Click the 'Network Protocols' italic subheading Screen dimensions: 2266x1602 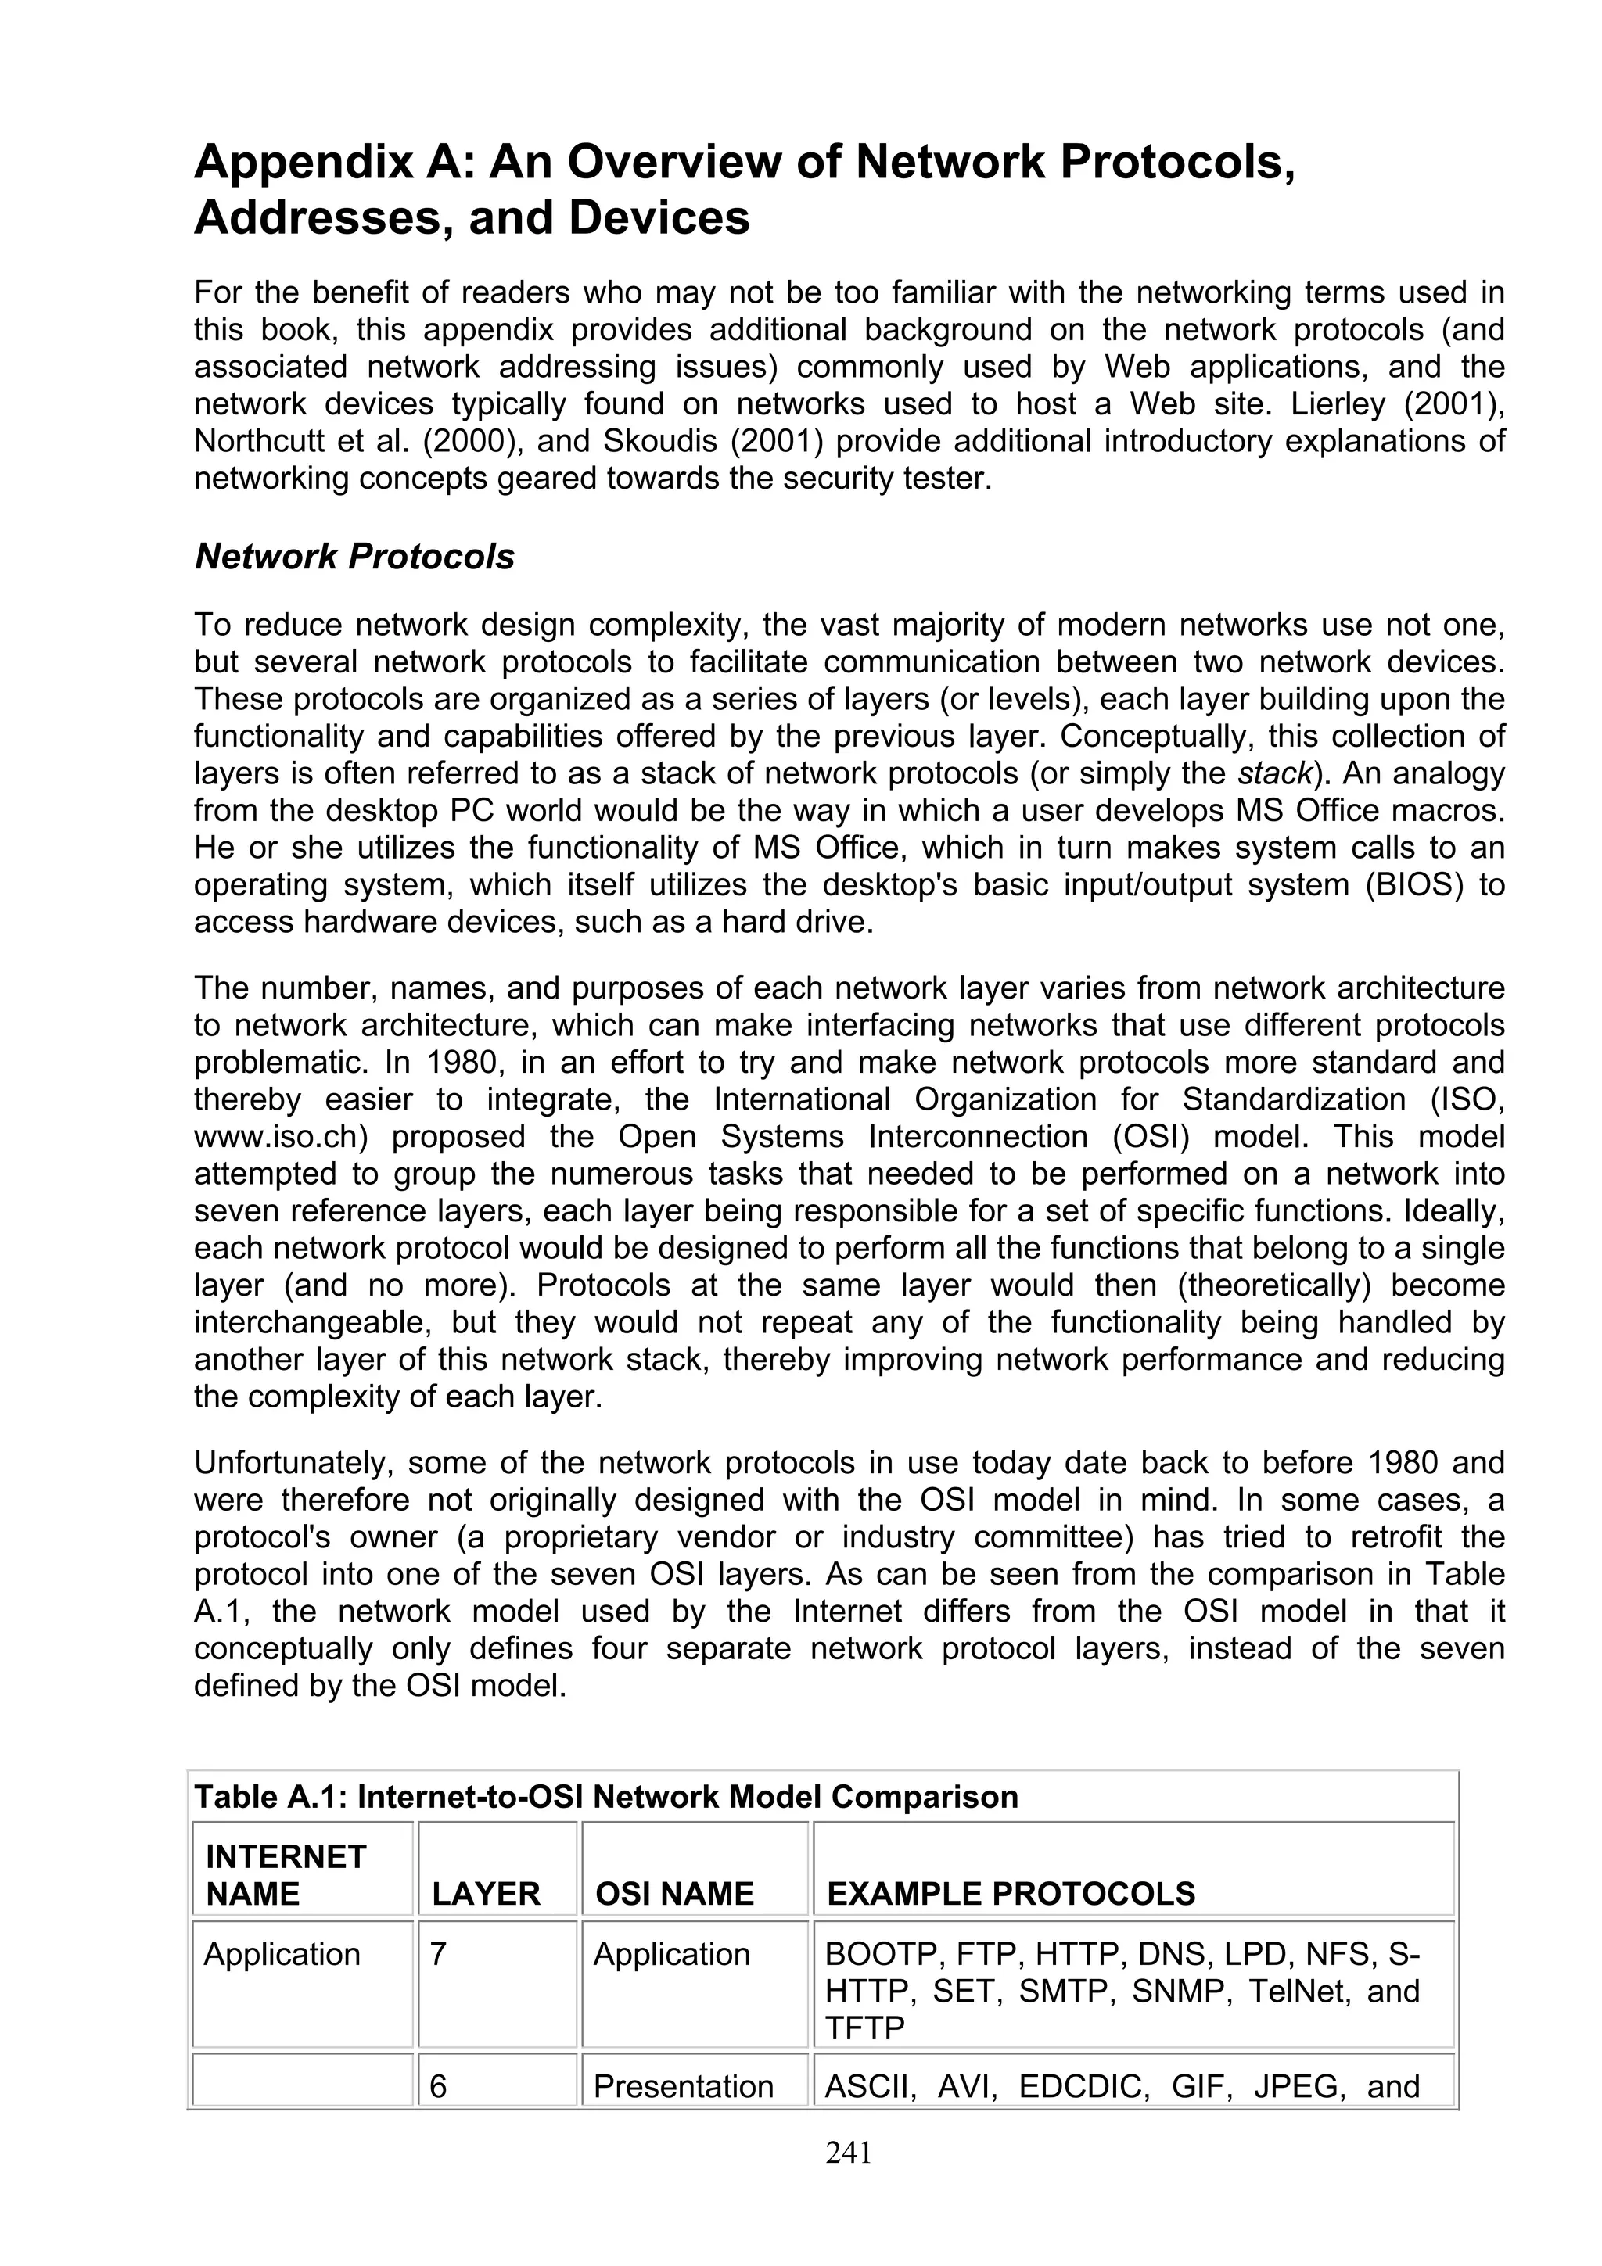354,557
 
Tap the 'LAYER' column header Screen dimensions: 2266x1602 486,1894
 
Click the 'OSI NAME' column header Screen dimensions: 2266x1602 675,1894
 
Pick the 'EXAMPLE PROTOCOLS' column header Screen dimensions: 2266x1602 1011,1894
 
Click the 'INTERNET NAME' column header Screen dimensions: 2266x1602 286,1875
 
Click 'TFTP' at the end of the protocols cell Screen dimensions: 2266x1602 864,2028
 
